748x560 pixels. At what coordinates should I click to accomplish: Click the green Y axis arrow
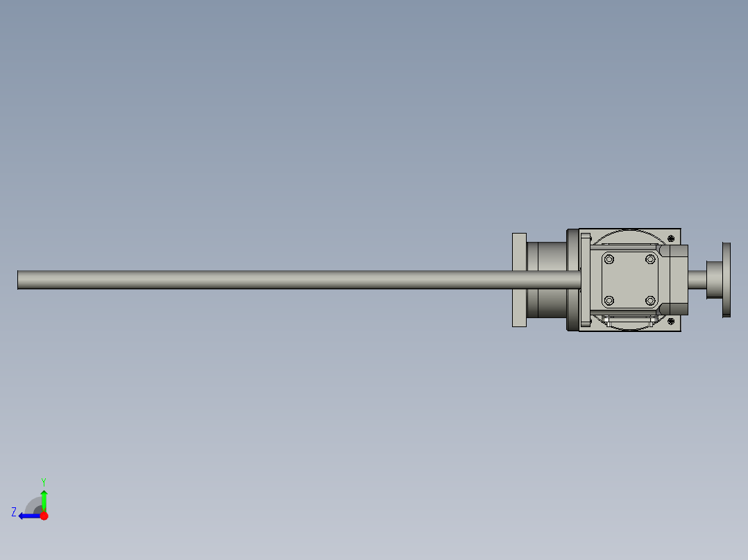click(44, 499)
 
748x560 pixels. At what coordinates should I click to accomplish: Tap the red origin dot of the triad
click(44, 516)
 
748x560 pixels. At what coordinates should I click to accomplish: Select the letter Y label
click(44, 481)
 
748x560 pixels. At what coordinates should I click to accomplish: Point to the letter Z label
click(14, 512)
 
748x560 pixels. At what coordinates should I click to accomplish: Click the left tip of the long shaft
click(19, 280)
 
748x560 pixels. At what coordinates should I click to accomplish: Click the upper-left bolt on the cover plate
click(609, 259)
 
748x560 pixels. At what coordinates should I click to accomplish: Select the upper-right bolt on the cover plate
click(650, 259)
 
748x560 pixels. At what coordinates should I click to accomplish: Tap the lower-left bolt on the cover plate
click(609, 300)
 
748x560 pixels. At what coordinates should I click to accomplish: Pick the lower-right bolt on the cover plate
click(650, 300)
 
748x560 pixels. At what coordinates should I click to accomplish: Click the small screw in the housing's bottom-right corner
click(671, 321)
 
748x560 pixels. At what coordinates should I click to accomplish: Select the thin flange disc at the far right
click(726, 279)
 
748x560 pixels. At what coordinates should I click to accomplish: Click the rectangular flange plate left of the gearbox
click(519, 280)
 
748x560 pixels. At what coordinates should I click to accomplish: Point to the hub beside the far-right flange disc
click(714, 279)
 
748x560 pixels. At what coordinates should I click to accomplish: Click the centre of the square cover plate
click(629, 280)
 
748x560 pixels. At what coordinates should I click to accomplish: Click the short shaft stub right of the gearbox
click(697, 280)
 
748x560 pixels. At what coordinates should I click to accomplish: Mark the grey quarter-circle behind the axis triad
click(33, 505)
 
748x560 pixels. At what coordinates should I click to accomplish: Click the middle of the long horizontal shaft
click(298, 280)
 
